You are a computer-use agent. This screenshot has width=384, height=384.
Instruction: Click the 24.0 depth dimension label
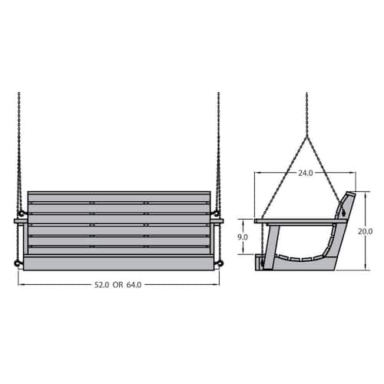pos(306,174)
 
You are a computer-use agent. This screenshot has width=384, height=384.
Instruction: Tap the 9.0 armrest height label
pos(243,238)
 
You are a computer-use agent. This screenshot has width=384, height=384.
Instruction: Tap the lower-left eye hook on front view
pos(15,265)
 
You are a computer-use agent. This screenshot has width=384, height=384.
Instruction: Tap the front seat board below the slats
pos(118,263)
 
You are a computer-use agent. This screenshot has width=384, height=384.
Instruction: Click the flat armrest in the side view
pos(300,222)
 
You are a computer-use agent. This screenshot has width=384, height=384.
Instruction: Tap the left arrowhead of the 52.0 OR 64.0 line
pos(21,283)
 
